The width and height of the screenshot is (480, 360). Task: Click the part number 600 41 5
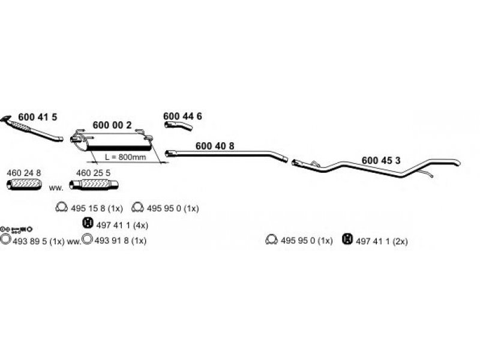[38, 117]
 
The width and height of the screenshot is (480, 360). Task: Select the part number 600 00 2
[112, 125]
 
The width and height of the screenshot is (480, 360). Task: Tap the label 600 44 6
[182, 116]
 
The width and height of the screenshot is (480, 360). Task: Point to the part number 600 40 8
[215, 146]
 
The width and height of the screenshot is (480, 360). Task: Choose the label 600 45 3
[381, 160]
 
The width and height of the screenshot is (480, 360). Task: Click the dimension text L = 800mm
[125, 157]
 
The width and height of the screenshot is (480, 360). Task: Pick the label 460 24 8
[24, 173]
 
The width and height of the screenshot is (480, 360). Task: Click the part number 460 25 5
[94, 173]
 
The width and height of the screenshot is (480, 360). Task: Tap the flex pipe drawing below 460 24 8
[24, 184]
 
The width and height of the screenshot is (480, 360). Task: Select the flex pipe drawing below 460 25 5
[94, 185]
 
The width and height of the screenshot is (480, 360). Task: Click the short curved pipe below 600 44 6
[178, 125]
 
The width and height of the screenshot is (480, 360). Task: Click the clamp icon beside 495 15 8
[62, 208]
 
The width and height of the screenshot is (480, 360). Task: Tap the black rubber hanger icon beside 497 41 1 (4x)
[88, 223]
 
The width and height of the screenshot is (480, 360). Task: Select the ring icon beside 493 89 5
[5, 239]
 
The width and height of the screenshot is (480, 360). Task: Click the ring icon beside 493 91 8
[88, 239]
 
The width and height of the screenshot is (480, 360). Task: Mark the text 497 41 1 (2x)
[382, 241]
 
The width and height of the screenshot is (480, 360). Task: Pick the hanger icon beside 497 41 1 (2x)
[347, 239]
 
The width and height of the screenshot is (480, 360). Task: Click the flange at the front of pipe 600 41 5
[5, 118]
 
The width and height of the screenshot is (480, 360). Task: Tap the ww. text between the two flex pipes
[56, 188]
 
